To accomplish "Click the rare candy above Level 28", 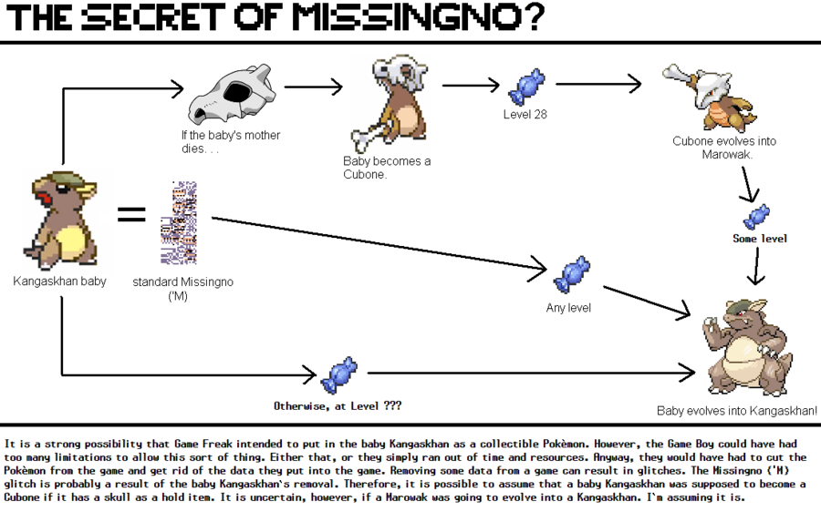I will tap(525, 87).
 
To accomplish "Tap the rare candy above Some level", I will tap(756, 217).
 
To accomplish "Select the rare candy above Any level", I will tap(571, 273).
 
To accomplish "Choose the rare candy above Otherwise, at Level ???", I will tap(338, 374).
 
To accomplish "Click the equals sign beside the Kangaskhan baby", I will tap(131, 216).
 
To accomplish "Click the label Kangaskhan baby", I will tap(59, 282).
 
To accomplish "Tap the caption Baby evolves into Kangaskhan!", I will tap(737, 412).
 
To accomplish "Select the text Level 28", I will tap(525, 115).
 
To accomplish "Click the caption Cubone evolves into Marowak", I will tap(724, 148).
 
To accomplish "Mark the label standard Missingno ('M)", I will tap(182, 289).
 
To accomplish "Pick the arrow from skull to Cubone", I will tap(313, 87).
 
